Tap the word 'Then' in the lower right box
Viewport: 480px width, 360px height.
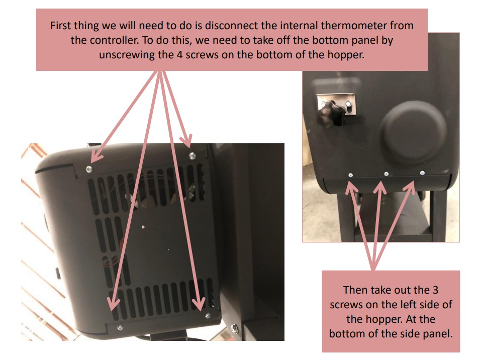[355, 290]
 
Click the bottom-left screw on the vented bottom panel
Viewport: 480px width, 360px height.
[119, 328]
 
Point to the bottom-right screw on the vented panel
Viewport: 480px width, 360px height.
[208, 316]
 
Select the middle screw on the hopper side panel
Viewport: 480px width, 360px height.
[386, 173]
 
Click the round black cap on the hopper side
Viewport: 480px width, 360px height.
[413, 130]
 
